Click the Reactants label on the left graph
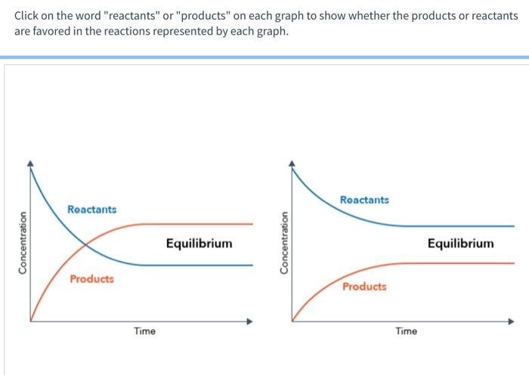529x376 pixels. [x=91, y=209]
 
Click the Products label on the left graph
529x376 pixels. [x=91, y=279]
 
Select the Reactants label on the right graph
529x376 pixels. [x=364, y=200]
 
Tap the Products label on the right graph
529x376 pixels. [x=363, y=287]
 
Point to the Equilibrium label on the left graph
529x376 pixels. [x=200, y=244]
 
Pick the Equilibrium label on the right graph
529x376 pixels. [x=460, y=244]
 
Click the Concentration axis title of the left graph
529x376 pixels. [x=23, y=242]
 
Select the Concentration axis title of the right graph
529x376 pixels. [x=284, y=242]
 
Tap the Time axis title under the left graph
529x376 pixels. [x=144, y=331]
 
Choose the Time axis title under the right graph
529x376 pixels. [x=406, y=331]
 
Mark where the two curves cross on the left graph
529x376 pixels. [x=85, y=244]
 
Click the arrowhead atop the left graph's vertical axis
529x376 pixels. [x=30, y=162]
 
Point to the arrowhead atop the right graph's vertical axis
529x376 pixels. [x=292, y=162]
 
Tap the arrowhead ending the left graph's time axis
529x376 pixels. [x=250, y=322]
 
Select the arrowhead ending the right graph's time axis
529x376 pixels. [x=512, y=322]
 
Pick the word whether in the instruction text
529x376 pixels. [x=357, y=16]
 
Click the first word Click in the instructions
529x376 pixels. [x=29, y=16]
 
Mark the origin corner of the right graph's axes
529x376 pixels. [x=292, y=322]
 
